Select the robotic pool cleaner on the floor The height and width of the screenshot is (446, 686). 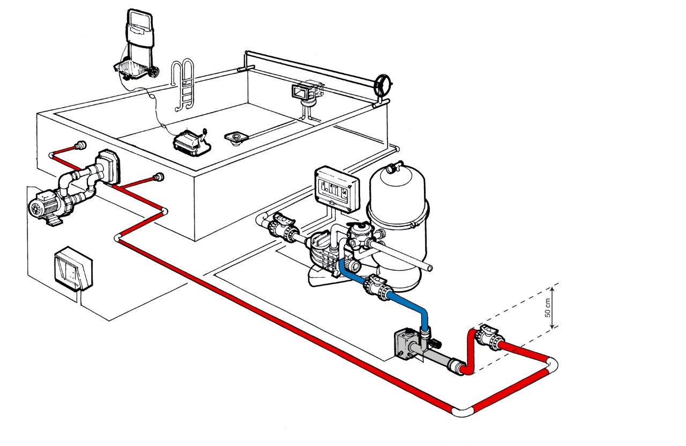[189, 142]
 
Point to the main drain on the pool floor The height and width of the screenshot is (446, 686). [235, 137]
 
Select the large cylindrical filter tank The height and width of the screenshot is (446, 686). [397, 214]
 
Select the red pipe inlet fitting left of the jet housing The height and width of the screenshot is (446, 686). [80, 145]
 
